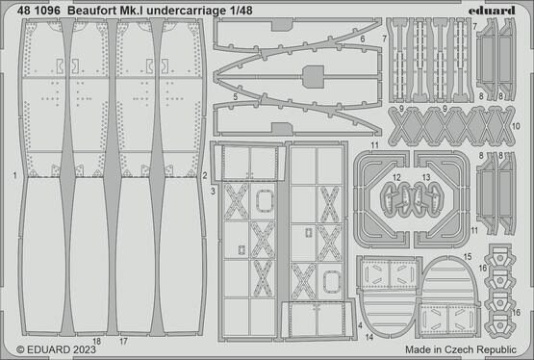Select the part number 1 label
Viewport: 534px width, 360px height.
pos(16,176)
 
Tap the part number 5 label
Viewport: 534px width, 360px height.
pos(235,97)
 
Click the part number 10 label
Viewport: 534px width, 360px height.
pos(516,126)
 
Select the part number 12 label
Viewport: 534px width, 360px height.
pos(397,178)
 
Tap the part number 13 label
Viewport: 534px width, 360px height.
pos(427,178)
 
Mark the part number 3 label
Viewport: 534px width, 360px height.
pos(214,193)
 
